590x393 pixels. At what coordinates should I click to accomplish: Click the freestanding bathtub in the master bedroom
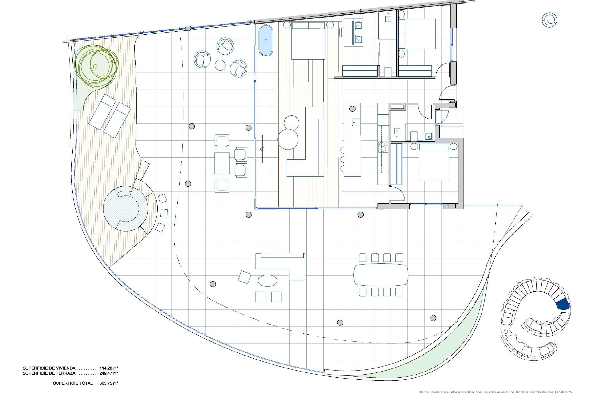click(x=265, y=41)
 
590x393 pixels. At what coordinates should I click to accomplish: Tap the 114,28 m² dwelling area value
click(x=109, y=368)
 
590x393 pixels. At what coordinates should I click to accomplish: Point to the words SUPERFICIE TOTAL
click(x=73, y=383)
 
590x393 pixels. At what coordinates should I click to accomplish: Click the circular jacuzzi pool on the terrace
click(x=125, y=208)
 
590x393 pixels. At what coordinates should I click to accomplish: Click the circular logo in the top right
click(x=549, y=20)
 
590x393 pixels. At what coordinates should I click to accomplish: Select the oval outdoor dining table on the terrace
click(x=381, y=274)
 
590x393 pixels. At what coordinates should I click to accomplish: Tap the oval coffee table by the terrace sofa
click(x=267, y=280)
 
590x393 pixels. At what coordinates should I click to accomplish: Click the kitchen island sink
click(x=356, y=122)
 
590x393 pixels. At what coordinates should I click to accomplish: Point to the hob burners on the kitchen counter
click(x=383, y=146)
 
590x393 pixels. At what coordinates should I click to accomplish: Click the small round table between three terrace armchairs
click(x=220, y=65)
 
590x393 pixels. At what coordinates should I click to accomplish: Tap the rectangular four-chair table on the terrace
click(x=222, y=163)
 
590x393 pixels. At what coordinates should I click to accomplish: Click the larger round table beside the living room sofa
click(x=288, y=139)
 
